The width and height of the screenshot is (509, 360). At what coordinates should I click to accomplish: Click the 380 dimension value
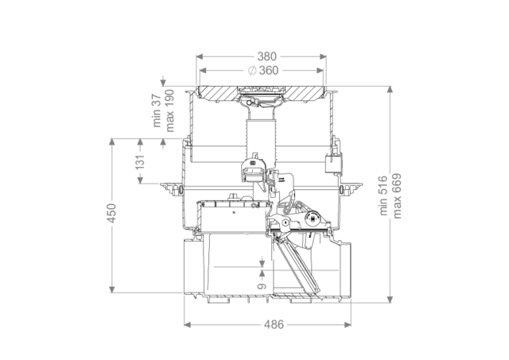point(267,56)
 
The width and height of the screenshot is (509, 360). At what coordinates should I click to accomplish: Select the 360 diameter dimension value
point(269,71)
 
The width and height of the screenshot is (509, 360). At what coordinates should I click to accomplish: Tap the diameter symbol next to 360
point(252,71)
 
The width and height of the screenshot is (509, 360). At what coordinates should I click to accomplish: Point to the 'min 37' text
point(157,110)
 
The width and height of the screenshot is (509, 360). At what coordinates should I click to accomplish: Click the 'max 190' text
point(169,110)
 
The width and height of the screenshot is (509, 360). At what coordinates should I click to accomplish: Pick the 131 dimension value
point(140,162)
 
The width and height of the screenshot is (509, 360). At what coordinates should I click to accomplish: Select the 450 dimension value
point(111,213)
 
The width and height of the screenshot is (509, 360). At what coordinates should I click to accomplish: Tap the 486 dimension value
point(274,324)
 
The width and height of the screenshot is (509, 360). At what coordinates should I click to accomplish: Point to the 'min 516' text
point(383,195)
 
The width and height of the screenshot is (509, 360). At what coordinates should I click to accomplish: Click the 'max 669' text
point(397,195)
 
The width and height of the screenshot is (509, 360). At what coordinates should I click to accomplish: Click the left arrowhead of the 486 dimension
point(188,324)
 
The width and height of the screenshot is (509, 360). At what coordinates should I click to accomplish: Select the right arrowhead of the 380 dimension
point(323,56)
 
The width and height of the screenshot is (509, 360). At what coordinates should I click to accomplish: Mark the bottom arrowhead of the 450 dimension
point(112,289)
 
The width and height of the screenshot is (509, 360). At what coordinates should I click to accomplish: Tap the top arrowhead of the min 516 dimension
point(390,90)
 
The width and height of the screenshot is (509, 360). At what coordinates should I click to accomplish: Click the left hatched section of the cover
point(218,93)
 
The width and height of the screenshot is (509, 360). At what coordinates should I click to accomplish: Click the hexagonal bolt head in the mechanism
point(285,223)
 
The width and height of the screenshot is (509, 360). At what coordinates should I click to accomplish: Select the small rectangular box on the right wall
point(332,164)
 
